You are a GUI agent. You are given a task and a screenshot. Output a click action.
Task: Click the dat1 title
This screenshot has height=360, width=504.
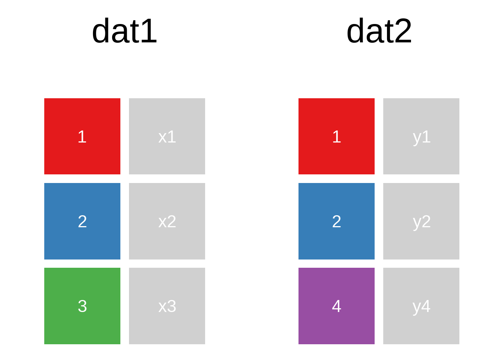pyautogui.click(x=124, y=31)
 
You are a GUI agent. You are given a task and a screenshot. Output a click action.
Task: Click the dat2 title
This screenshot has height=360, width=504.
pyautogui.click(x=379, y=31)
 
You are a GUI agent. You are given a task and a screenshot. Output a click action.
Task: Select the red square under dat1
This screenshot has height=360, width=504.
pyautogui.click(x=82, y=136)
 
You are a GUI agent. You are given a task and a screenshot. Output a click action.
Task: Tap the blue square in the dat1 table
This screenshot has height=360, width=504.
pyautogui.click(x=82, y=221)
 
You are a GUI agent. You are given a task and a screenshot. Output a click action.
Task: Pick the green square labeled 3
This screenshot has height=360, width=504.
pyautogui.click(x=82, y=306)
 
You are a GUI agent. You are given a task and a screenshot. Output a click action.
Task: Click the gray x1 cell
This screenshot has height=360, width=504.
pyautogui.click(x=167, y=136)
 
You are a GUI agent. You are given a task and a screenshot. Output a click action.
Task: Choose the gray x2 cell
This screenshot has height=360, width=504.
pyautogui.click(x=167, y=221)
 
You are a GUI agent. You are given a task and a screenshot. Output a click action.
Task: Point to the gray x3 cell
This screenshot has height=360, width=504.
pyautogui.click(x=167, y=306)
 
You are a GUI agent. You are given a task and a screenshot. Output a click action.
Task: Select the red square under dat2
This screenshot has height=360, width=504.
pyautogui.click(x=337, y=136)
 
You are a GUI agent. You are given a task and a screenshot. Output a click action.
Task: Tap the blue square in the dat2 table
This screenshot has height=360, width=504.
pyautogui.click(x=337, y=221)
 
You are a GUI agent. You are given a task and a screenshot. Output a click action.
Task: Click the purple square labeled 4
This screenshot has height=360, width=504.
pyautogui.click(x=337, y=306)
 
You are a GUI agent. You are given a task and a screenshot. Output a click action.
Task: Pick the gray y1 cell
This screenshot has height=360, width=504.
pyautogui.click(x=421, y=136)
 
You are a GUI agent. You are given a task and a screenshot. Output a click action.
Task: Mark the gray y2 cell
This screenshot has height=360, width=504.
pyautogui.click(x=421, y=221)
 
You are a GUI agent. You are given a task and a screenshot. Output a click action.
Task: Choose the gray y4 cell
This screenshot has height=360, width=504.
pyautogui.click(x=421, y=306)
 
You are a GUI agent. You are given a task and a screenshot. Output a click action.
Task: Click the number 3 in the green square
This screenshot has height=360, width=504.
pyautogui.click(x=82, y=306)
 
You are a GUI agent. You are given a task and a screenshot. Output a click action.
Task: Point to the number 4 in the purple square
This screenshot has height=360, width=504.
pyautogui.click(x=337, y=306)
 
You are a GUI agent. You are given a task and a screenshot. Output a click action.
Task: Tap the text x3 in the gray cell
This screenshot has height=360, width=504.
pyautogui.click(x=167, y=306)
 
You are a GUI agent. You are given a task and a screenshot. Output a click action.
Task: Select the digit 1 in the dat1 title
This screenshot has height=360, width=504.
pyautogui.click(x=150, y=31)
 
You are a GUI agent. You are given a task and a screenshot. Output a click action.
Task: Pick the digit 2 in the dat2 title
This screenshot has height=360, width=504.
pyautogui.click(x=403, y=31)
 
